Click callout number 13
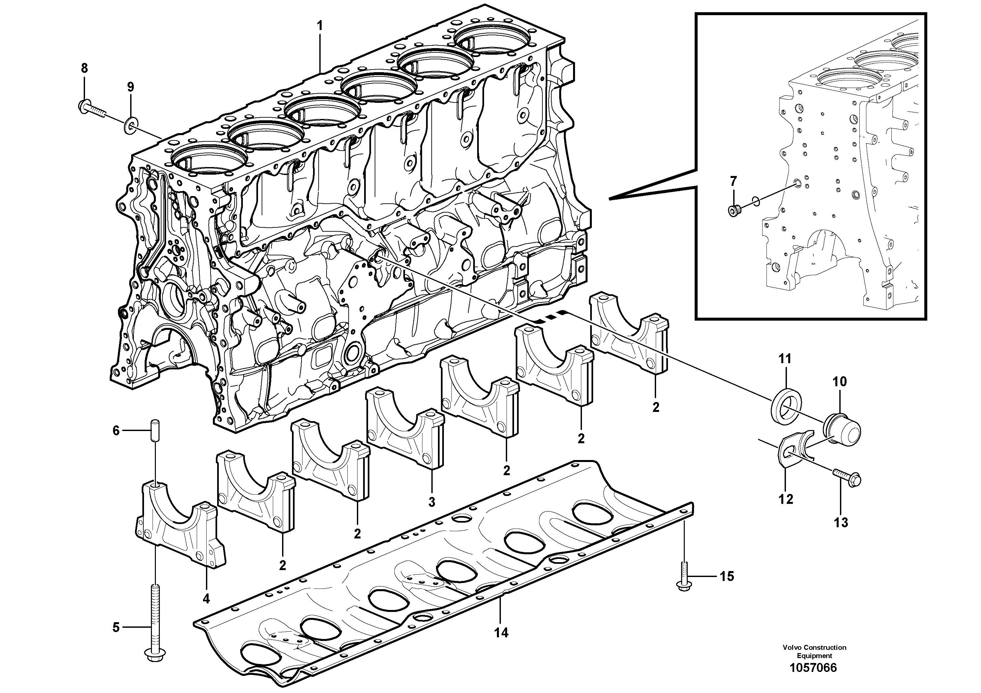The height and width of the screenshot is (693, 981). [841, 522]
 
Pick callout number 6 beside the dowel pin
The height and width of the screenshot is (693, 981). [116, 431]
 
